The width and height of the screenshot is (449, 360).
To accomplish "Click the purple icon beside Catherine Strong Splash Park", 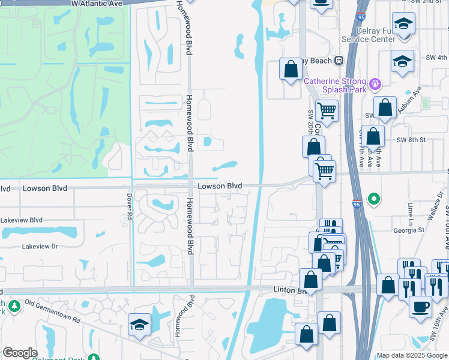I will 376,83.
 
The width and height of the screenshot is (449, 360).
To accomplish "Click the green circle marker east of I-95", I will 374,198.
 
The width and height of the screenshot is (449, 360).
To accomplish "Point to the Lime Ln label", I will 411,211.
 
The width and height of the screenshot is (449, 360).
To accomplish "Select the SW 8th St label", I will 411,140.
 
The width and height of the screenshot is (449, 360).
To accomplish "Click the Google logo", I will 20,353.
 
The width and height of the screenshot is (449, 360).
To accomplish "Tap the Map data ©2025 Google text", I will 411,355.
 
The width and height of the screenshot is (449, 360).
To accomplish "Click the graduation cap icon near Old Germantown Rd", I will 139,325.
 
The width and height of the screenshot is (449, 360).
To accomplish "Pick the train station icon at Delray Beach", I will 339,60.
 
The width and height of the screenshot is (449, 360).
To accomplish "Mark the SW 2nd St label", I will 431,2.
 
